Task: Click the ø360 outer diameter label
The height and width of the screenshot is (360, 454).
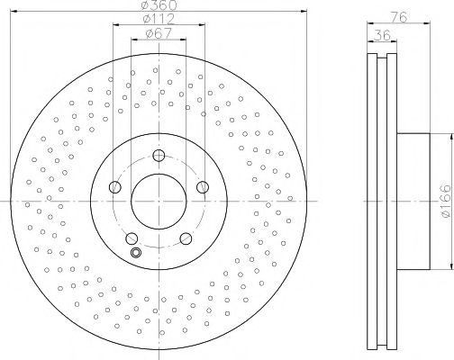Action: (159, 7)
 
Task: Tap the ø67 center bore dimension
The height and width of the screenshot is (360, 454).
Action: (159, 36)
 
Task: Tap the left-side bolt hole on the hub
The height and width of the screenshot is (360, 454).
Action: (114, 187)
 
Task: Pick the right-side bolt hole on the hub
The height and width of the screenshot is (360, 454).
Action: (203, 187)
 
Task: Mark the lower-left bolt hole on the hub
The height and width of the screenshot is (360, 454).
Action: (132, 238)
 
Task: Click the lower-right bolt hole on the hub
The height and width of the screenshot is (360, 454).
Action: (186, 238)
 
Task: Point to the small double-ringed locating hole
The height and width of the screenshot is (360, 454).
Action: (136, 253)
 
